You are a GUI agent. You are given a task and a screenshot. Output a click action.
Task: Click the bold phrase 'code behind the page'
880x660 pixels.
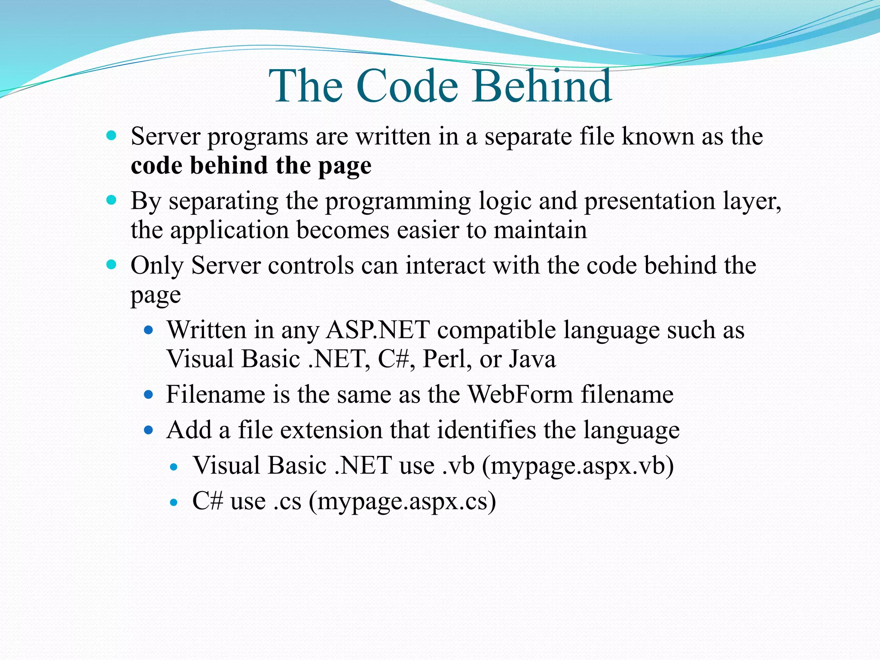(251, 166)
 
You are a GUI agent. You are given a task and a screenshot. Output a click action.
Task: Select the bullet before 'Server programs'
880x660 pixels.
(111, 136)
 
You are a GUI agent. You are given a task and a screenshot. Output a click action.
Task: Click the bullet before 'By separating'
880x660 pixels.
(111, 200)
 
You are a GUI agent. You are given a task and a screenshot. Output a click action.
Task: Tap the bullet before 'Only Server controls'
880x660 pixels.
(111, 265)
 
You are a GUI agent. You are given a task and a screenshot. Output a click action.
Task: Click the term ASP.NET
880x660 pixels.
(378, 330)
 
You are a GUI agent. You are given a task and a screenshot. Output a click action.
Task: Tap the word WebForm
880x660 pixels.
(520, 394)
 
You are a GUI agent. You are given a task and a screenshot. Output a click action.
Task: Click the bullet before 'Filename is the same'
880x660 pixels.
(149, 394)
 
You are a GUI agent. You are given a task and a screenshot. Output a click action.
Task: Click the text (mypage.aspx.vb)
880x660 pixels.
(577, 466)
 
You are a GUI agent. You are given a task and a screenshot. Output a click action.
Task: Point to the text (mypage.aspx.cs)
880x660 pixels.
(402, 501)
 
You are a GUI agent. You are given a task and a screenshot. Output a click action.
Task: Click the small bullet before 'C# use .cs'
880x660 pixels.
(174, 502)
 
